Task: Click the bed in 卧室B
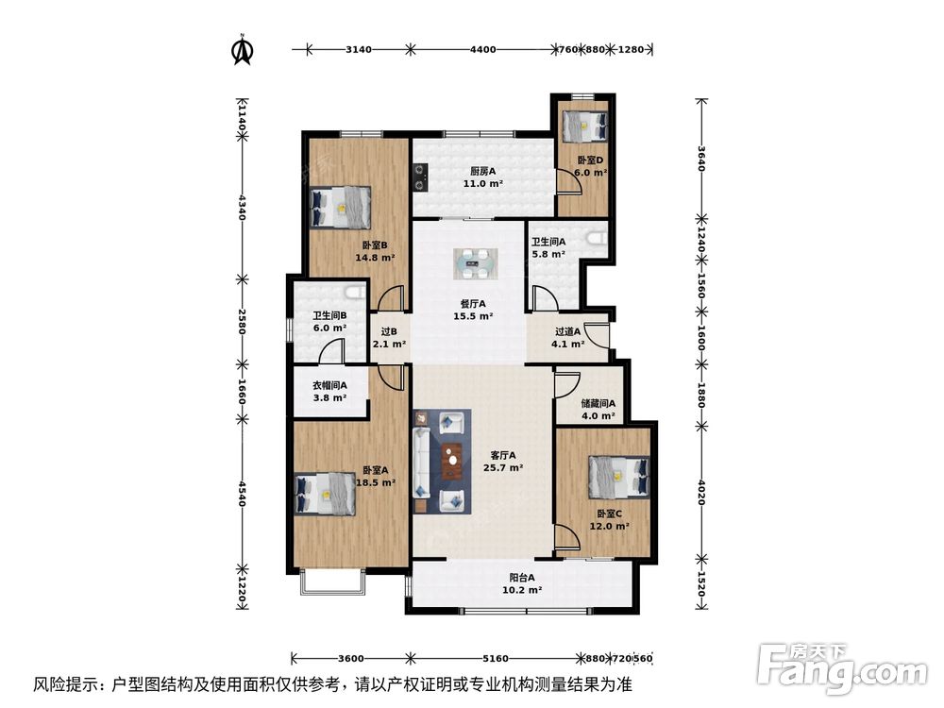(340, 207)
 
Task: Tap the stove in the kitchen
(421, 176)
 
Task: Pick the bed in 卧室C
(618, 477)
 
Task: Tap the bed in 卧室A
(325, 494)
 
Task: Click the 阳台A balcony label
(519, 583)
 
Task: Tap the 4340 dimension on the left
(243, 209)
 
